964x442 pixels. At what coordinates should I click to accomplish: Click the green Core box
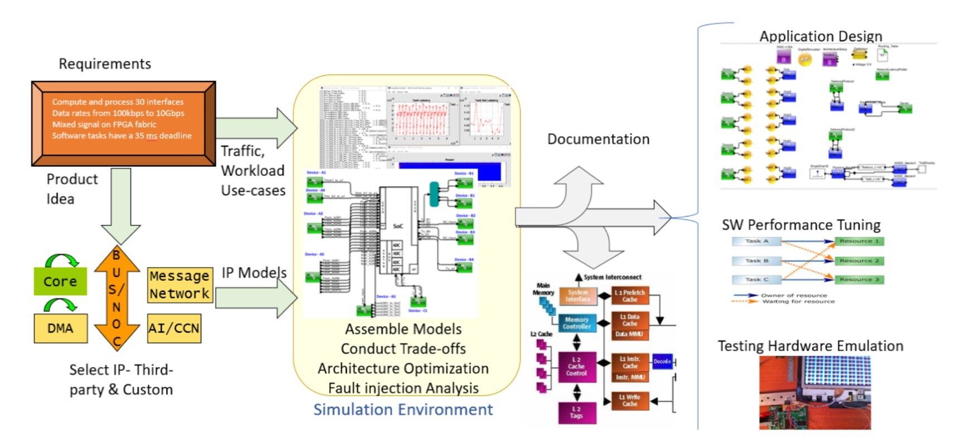pos(60,281)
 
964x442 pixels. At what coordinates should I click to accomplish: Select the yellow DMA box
pos(60,328)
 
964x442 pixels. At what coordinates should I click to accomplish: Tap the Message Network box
pos(180,285)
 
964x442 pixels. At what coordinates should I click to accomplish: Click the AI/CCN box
pos(174,328)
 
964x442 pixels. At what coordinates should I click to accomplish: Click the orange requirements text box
pos(123,123)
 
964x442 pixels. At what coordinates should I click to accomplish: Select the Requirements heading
pos(105,64)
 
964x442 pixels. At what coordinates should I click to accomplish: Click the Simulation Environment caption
pos(403,410)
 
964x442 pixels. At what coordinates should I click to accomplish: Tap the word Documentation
pos(598,139)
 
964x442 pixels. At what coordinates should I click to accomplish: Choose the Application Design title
pos(821,36)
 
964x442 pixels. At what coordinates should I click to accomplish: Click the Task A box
pos(756,242)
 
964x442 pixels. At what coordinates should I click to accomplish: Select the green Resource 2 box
pos(859,261)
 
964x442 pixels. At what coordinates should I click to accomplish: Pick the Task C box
pos(756,280)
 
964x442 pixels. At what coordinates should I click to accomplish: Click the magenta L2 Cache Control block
pos(577,367)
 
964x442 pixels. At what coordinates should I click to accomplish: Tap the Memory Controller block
pos(577,323)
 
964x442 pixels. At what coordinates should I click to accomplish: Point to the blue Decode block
pos(662,362)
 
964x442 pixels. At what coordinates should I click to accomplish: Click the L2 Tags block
pos(577,413)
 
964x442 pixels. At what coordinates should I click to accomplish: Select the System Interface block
pos(578,296)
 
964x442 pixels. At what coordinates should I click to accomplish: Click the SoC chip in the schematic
pos(398,229)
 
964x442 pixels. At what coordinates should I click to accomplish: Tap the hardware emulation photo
pos(814,393)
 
